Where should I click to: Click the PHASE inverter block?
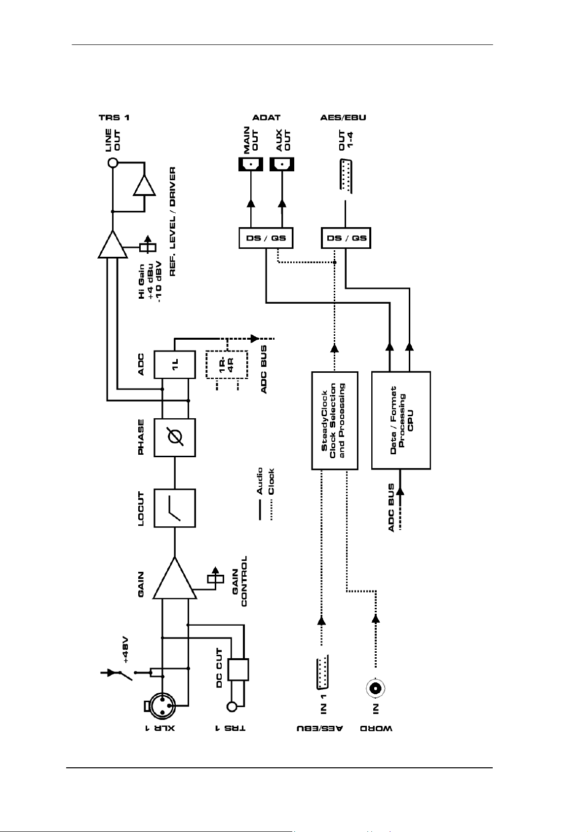pyautogui.click(x=175, y=437)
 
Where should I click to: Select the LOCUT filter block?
pyautogui.click(x=175, y=508)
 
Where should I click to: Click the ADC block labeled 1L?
pyautogui.click(x=175, y=364)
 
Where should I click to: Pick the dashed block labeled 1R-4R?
pyautogui.click(x=227, y=364)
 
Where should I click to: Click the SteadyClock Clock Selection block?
pyautogui.click(x=335, y=421)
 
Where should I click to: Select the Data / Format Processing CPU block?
pyautogui.click(x=401, y=421)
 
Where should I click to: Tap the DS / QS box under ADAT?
pyautogui.click(x=266, y=238)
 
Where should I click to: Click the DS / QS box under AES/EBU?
pyautogui.click(x=346, y=238)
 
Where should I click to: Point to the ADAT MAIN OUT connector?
pyautogui.click(x=251, y=164)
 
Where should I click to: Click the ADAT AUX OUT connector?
pyautogui.click(x=282, y=164)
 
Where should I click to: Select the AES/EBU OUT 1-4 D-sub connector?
pyautogui.click(x=346, y=176)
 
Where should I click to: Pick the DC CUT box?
pyautogui.click(x=238, y=670)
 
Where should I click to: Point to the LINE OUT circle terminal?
pyautogui.click(x=113, y=162)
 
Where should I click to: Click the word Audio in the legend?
pyautogui.click(x=260, y=481)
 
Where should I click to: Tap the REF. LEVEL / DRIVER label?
pyautogui.click(x=172, y=221)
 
